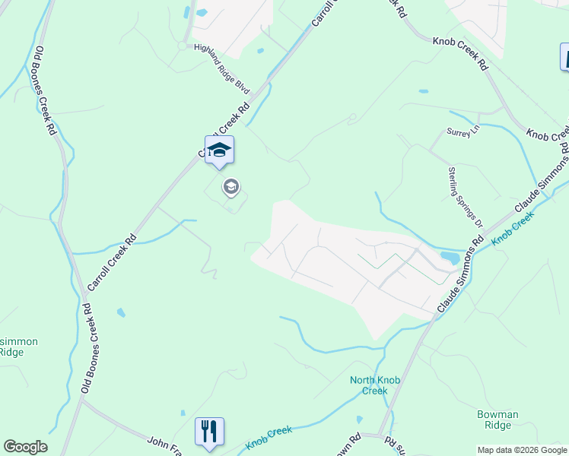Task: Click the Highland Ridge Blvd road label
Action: (222, 69)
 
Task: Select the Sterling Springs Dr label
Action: (466, 197)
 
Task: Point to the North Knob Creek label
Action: (369, 385)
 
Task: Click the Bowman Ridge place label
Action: (497, 420)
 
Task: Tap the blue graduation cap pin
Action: (219, 149)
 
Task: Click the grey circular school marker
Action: (230, 186)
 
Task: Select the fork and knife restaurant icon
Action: (209, 432)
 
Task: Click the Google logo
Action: (25, 447)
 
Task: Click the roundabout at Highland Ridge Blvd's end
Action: (183, 46)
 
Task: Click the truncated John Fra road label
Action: (164, 441)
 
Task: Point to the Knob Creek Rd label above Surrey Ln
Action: (459, 53)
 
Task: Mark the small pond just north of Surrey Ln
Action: (423, 91)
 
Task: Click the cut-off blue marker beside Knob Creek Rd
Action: (564, 57)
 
